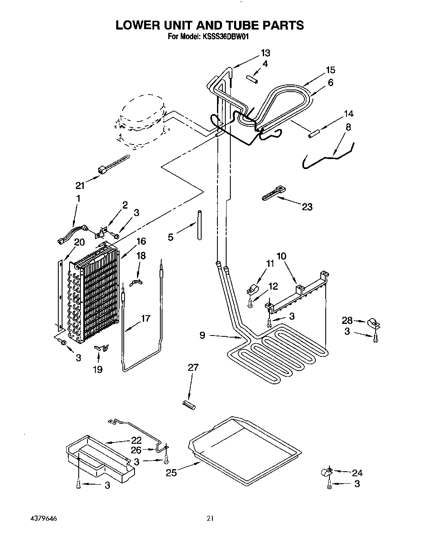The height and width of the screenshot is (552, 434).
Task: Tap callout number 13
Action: coord(265,53)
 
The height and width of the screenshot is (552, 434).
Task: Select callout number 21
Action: coord(80,186)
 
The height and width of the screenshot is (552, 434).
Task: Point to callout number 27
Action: coord(193,368)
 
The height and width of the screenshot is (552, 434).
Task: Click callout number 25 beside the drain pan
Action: coord(172,472)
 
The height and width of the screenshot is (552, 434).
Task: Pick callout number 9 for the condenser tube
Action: coord(202,335)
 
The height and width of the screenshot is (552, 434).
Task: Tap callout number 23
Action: coord(307,207)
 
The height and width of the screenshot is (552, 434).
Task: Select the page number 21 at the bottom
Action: coord(210,519)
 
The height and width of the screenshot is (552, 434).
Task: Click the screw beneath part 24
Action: coord(329,484)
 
